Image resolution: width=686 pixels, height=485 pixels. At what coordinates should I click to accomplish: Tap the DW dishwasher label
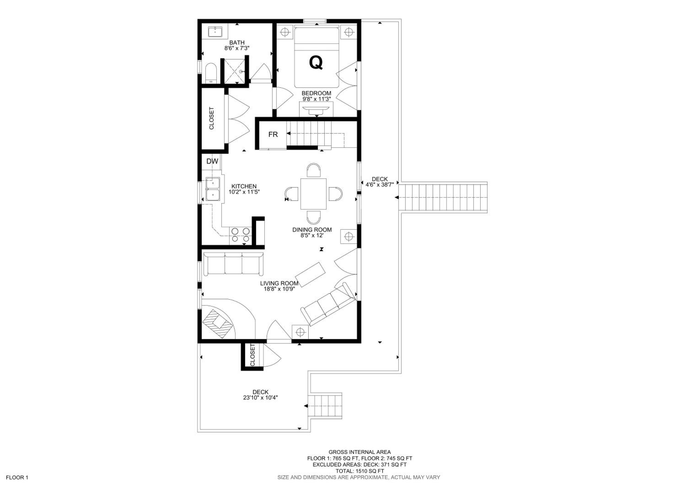coord(212,161)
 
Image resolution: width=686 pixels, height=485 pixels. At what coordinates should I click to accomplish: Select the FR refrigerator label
coord(273,135)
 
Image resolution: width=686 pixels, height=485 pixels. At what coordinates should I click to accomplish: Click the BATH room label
coord(237,43)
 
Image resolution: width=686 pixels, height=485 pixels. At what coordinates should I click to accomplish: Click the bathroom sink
coord(216,32)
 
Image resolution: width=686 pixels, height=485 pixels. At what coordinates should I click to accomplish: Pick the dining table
coord(314,194)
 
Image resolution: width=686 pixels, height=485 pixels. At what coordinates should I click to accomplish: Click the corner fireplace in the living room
coord(217,324)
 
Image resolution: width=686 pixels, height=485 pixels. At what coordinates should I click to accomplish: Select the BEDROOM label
coord(316,93)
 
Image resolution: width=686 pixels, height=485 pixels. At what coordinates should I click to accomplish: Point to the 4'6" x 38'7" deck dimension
coord(380,185)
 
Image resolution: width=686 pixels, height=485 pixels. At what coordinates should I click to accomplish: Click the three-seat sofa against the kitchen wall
coord(233,264)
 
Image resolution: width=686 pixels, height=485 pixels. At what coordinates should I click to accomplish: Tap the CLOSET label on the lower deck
coord(252,355)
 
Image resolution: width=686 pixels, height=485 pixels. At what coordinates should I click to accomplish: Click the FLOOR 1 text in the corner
coord(17,477)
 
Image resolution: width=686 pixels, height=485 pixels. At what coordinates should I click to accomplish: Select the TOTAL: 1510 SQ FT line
coord(360,471)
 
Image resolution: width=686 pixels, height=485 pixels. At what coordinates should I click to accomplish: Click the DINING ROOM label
coord(312,230)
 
